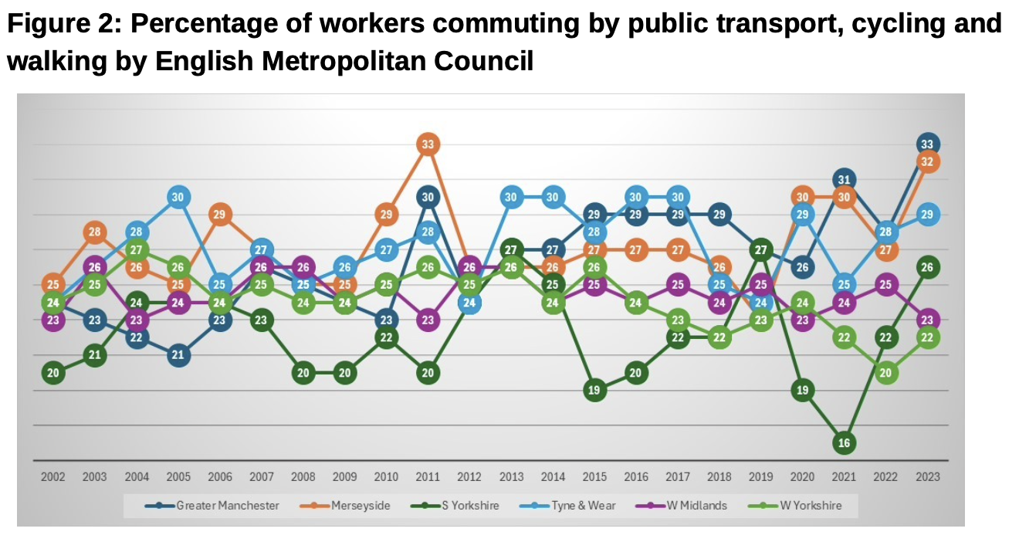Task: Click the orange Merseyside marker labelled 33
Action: click(x=428, y=144)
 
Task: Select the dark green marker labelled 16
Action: click(x=844, y=442)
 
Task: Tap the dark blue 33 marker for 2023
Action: click(x=928, y=144)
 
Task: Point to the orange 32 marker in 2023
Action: click(x=928, y=162)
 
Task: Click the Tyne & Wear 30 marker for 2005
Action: click(x=178, y=197)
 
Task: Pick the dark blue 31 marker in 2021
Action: click(x=844, y=180)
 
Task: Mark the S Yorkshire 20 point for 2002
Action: click(x=53, y=372)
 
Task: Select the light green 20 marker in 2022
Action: click(x=886, y=372)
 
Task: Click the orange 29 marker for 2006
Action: click(x=220, y=215)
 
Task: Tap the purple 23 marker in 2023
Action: click(x=928, y=319)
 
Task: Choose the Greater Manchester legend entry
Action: click(x=212, y=506)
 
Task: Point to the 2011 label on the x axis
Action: click(x=428, y=477)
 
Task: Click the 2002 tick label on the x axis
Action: click(x=53, y=477)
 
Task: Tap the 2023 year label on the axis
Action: click(x=928, y=477)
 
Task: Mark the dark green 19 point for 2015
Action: click(x=594, y=390)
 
